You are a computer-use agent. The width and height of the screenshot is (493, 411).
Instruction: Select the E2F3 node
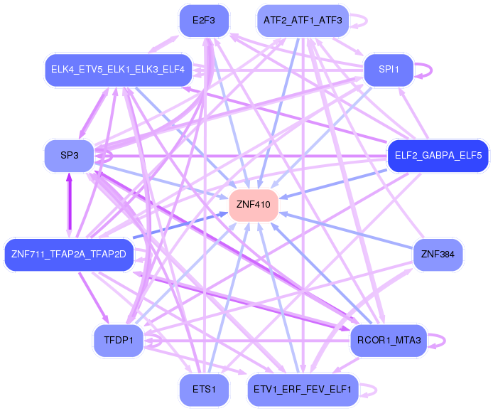(x=204, y=21)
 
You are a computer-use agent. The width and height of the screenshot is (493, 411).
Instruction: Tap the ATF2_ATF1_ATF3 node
(x=303, y=21)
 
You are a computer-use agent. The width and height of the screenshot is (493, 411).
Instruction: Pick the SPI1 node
(x=389, y=70)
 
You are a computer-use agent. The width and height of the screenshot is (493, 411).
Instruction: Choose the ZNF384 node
(x=438, y=254)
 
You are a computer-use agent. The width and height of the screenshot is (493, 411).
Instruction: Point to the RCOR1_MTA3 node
(x=389, y=341)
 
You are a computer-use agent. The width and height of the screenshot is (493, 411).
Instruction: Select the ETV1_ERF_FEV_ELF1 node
(x=303, y=390)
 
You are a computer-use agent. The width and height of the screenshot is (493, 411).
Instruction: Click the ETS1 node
(x=204, y=390)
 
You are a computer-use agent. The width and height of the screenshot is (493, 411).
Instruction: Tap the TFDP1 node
(x=118, y=341)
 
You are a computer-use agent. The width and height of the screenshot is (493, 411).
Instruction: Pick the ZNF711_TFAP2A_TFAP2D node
(x=69, y=254)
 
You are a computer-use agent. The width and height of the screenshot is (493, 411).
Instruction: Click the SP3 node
(x=69, y=155)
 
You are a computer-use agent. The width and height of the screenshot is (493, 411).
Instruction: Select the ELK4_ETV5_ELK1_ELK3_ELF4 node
(x=118, y=70)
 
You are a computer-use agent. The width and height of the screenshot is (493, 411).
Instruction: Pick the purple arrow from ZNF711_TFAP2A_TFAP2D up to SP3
(x=70, y=203)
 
